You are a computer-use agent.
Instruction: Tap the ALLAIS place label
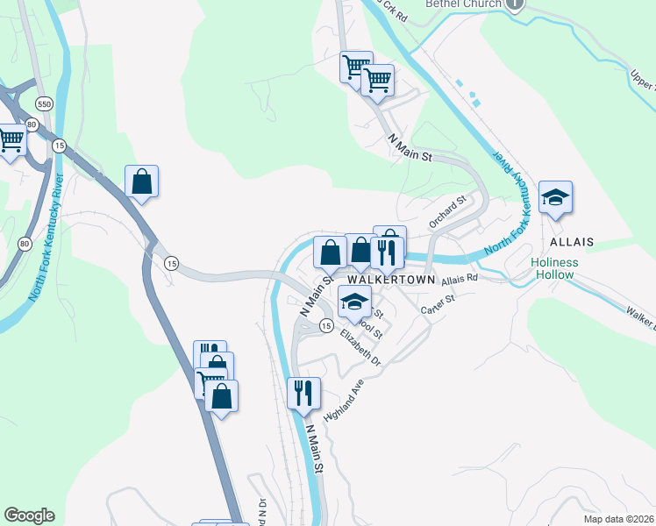[x=572, y=241]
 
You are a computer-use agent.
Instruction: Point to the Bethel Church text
[x=463, y=4]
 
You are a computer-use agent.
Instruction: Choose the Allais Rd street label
[x=460, y=279]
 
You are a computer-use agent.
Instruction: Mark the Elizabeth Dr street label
[x=362, y=348]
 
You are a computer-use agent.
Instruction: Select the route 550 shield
[x=44, y=103]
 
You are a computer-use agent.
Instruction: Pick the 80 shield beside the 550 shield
[x=32, y=124]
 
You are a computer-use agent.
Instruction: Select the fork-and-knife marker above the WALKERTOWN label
[x=386, y=252]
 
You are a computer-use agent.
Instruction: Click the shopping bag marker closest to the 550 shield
[x=141, y=181]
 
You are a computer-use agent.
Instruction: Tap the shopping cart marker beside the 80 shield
[x=11, y=139]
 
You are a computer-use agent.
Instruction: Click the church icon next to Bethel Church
[x=516, y=4]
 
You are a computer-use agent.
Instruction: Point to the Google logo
[x=29, y=515]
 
